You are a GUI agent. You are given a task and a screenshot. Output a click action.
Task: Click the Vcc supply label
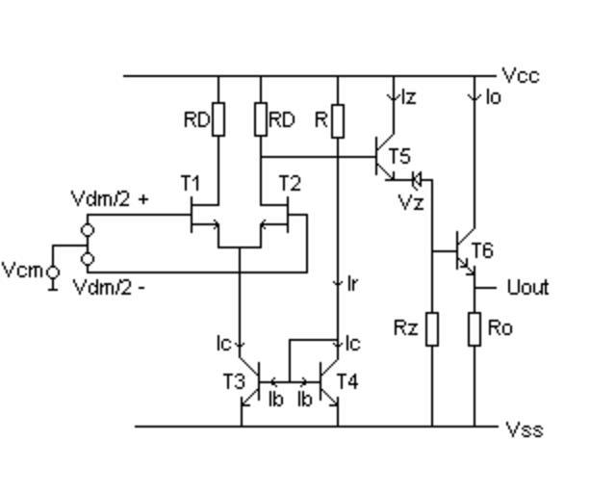click(x=520, y=76)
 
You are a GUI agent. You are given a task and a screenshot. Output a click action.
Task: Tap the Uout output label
click(x=527, y=288)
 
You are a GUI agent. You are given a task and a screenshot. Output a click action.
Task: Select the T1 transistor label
click(x=191, y=182)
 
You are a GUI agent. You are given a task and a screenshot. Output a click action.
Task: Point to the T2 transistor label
click(x=290, y=182)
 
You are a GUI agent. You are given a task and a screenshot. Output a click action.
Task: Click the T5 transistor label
click(x=399, y=155)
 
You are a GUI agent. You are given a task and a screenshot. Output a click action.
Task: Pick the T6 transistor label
click(x=481, y=251)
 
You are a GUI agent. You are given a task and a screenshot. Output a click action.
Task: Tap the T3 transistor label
click(x=235, y=381)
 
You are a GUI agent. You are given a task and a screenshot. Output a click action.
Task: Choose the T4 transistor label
click(x=346, y=381)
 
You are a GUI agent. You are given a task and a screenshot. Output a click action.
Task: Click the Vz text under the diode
click(x=411, y=202)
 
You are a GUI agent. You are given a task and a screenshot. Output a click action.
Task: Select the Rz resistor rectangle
click(x=432, y=328)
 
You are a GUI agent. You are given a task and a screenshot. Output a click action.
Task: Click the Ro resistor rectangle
click(x=475, y=328)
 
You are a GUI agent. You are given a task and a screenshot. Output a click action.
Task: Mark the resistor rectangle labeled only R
click(x=337, y=120)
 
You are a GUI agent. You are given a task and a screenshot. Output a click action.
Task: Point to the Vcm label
click(x=21, y=271)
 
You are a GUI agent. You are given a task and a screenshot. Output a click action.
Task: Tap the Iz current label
click(x=408, y=96)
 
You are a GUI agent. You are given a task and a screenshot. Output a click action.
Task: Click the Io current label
click(x=493, y=96)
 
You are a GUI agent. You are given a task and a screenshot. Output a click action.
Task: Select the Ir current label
click(x=352, y=283)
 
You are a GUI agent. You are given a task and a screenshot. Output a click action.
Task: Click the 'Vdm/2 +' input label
click(x=110, y=199)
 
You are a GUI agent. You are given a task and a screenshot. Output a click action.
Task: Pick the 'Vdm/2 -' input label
click(x=110, y=286)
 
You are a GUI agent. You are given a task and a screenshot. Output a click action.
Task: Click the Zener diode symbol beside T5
click(x=416, y=178)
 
